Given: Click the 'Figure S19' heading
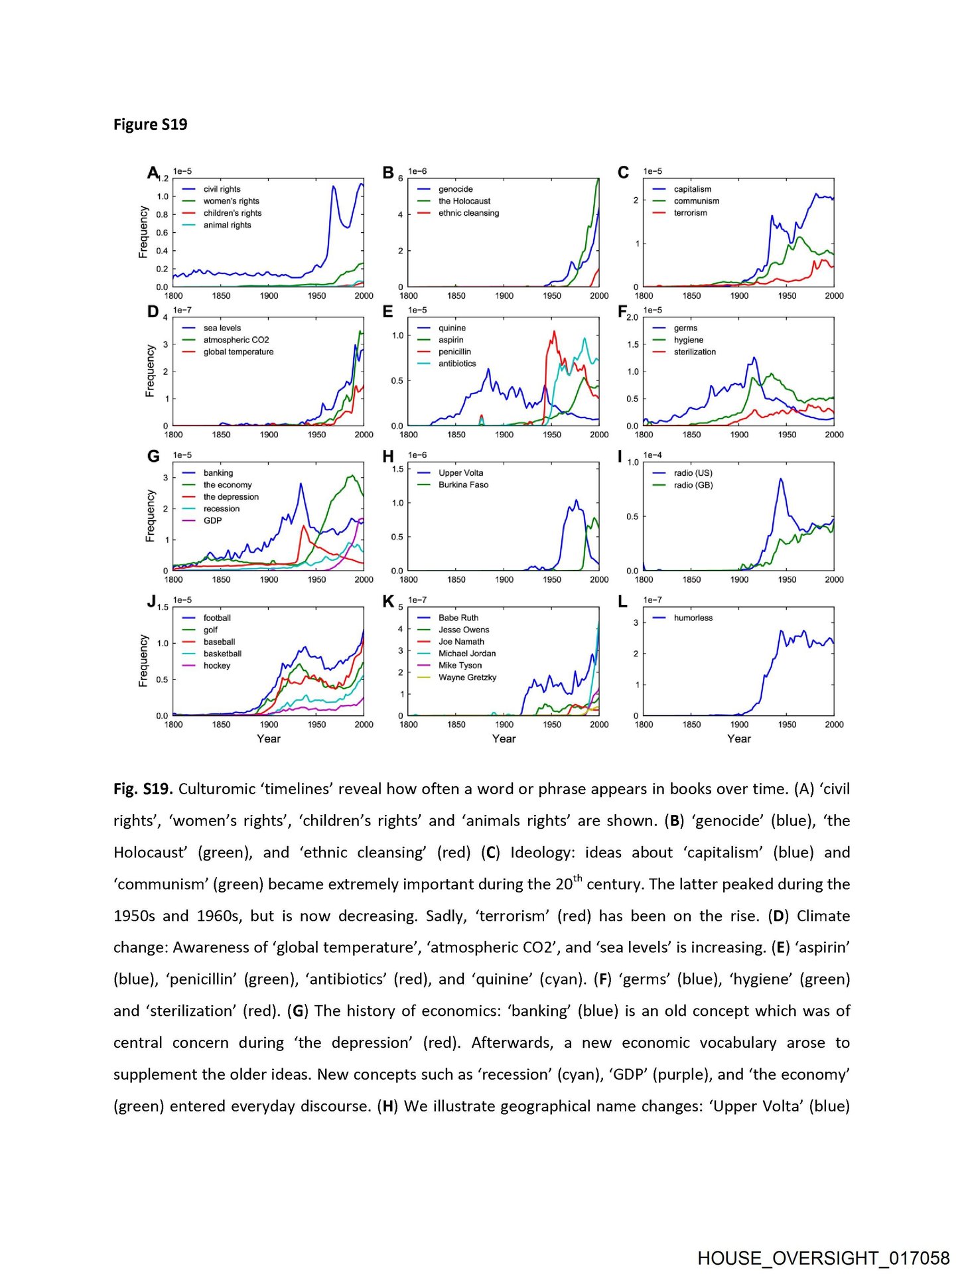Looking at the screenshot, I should point(150,125).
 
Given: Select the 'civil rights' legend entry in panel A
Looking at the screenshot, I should point(222,189).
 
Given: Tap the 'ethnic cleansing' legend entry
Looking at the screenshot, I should point(468,213).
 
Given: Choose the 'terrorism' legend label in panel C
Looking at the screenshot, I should point(690,213).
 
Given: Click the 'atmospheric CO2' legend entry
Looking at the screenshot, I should point(236,340).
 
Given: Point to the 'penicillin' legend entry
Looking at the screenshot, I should point(454,352).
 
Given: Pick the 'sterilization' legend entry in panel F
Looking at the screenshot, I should point(695,352).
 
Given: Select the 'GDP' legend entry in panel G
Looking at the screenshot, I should point(212,521).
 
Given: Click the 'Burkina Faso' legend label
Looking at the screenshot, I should point(463,485).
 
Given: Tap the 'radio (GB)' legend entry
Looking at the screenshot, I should point(693,485).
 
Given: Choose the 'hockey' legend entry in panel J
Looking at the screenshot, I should point(217,666).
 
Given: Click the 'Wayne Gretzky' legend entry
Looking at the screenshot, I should point(467,677).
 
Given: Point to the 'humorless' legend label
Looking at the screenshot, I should point(693,618).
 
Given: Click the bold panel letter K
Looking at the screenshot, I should point(388,602).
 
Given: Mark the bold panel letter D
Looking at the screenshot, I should point(153,312).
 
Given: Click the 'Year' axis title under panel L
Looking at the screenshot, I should point(738,739).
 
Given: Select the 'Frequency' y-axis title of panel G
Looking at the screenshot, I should point(150,516).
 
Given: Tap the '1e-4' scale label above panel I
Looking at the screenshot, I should point(652,455).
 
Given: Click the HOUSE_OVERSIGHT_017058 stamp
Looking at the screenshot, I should point(823,1258).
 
